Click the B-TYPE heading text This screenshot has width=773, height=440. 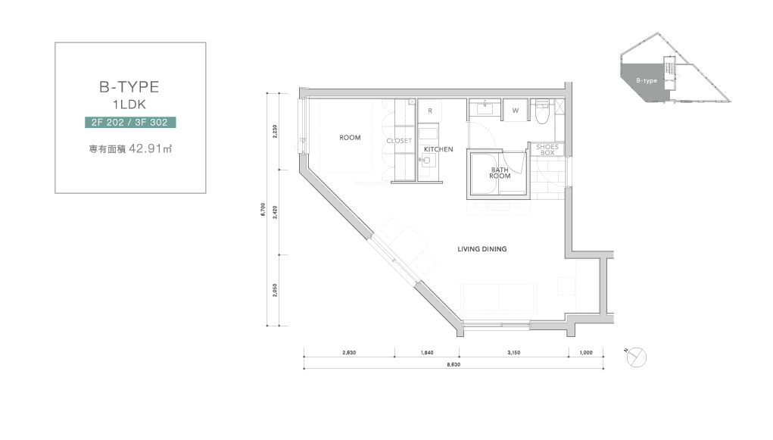pyautogui.click(x=129, y=87)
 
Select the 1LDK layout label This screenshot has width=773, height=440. pyautogui.click(x=129, y=105)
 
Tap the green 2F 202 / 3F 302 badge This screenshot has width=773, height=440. pyautogui.click(x=130, y=123)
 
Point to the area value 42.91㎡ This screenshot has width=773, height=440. pyautogui.click(x=151, y=148)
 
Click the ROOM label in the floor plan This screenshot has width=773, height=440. pyautogui.click(x=350, y=138)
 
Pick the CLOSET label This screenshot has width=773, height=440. pyautogui.click(x=399, y=141)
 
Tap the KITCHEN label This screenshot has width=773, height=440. pyautogui.click(x=438, y=149)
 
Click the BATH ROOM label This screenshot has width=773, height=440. pyautogui.click(x=500, y=173)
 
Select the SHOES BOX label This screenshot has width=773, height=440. pyautogui.click(x=547, y=149)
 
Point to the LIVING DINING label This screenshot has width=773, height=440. pyautogui.click(x=482, y=249)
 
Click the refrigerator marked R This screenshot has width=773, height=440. pyautogui.click(x=430, y=111)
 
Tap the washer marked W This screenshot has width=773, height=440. pyautogui.click(x=515, y=111)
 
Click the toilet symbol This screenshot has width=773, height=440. pyautogui.click(x=542, y=112)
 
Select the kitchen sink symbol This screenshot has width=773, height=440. pyautogui.click(x=428, y=160)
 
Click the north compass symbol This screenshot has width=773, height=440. pyautogui.click(x=636, y=357)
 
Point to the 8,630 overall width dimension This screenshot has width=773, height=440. pyautogui.click(x=454, y=364)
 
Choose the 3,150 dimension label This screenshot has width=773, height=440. pyautogui.click(x=513, y=353)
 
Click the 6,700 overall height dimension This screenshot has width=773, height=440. pyautogui.click(x=263, y=209)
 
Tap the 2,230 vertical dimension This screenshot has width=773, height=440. pyautogui.click(x=275, y=131)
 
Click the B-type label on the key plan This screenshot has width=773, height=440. pyautogui.click(x=647, y=81)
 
